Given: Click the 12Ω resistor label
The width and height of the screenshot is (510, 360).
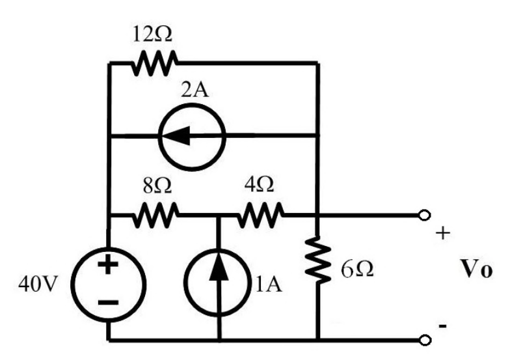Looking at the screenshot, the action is click(x=152, y=34).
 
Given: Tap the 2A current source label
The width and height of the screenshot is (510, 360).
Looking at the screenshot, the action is click(x=195, y=90).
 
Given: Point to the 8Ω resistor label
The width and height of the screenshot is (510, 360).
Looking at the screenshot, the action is click(x=157, y=186).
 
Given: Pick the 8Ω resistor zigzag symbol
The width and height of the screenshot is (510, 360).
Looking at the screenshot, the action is click(x=155, y=215).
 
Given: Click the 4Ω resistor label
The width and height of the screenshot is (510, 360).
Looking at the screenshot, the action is click(x=259, y=185).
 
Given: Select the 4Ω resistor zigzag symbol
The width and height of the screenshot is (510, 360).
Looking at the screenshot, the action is click(x=260, y=215).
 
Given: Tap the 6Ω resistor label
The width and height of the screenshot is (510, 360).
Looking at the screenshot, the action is click(x=357, y=270).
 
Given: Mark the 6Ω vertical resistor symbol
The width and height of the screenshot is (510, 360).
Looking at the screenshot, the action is click(x=317, y=259).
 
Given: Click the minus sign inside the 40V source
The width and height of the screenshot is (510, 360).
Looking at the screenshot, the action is click(x=108, y=302).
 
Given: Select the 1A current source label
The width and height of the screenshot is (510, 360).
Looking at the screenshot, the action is click(x=269, y=284).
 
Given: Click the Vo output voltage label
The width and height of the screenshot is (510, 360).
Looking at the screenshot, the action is click(x=476, y=270).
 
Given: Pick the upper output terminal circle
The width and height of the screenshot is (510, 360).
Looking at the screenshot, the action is click(x=424, y=215).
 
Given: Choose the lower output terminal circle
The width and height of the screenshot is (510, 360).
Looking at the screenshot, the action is click(x=424, y=340).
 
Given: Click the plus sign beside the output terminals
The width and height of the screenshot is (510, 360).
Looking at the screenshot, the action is click(x=443, y=233).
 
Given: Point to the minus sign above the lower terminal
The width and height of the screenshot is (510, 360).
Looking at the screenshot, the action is click(x=442, y=325).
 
